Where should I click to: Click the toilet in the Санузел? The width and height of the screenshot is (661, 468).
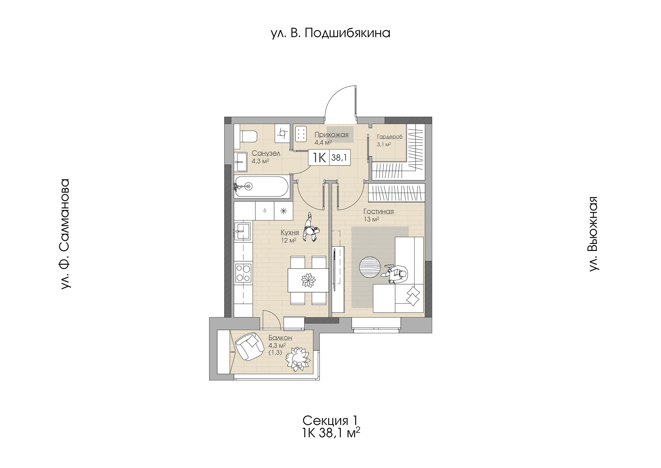point(249,136)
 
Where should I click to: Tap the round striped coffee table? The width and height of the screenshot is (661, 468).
point(370,266)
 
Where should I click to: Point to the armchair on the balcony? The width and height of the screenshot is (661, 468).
point(248,347)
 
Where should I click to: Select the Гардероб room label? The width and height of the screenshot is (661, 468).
point(389,137)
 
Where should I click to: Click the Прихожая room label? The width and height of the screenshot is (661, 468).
point(331,135)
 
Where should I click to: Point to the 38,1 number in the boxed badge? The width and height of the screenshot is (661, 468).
point(339,158)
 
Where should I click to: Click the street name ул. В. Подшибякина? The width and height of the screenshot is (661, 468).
point(330,33)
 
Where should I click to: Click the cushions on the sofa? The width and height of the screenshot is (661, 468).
point(413,296)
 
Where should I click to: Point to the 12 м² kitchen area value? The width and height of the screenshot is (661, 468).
point(288,240)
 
